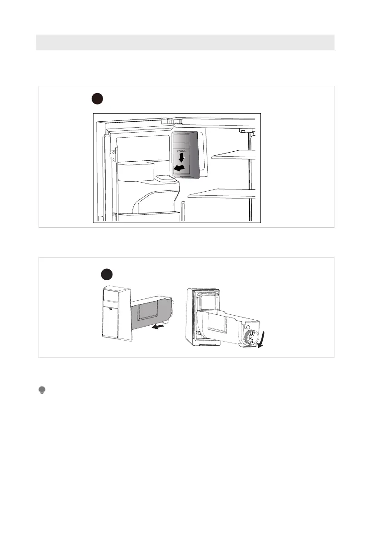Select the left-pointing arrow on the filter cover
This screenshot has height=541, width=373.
coord(179,169)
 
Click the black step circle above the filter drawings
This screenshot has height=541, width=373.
coord(107,275)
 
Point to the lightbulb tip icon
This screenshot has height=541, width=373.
coord(42,390)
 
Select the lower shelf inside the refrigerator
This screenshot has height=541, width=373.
coord(222,194)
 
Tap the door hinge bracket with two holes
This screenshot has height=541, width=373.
coord(110,154)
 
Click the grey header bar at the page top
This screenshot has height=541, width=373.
coord(185,42)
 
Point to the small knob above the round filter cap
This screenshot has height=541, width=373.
coord(246,327)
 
